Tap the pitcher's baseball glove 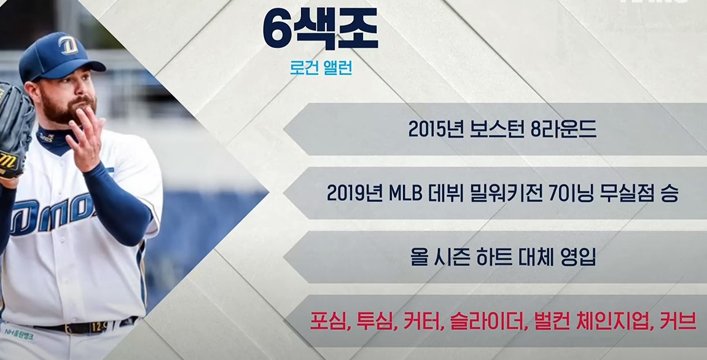pyautogui.click(x=14, y=132)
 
